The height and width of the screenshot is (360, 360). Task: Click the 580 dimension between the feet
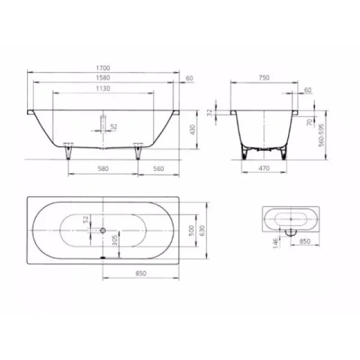(x=103, y=168)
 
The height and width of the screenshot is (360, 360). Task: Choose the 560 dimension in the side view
(x=157, y=168)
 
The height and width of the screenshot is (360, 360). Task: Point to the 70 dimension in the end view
(x=309, y=122)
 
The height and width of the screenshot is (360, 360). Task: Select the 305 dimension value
(x=115, y=244)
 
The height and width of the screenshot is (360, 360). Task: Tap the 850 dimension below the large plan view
(x=141, y=273)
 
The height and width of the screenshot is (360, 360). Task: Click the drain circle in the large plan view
(x=103, y=231)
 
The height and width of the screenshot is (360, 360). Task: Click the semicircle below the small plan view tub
(x=291, y=232)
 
